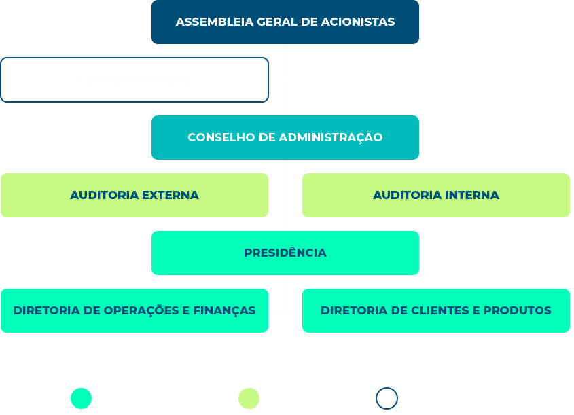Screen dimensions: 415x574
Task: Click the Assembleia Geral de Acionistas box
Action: [x=285, y=22]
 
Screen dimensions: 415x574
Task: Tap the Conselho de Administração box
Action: [x=285, y=137]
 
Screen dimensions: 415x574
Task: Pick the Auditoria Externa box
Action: [x=134, y=195]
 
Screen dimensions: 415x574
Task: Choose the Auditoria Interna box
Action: [x=435, y=195]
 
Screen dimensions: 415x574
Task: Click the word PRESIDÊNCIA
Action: [x=285, y=253]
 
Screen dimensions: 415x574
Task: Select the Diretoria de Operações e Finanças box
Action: [x=134, y=310]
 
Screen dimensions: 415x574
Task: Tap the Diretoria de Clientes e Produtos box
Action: [x=435, y=310]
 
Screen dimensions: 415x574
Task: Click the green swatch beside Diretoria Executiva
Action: [x=80, y=398]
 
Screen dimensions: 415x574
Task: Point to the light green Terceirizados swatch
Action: [x=248, y=398]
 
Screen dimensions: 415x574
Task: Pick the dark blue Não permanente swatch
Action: [x=386, y=398]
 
